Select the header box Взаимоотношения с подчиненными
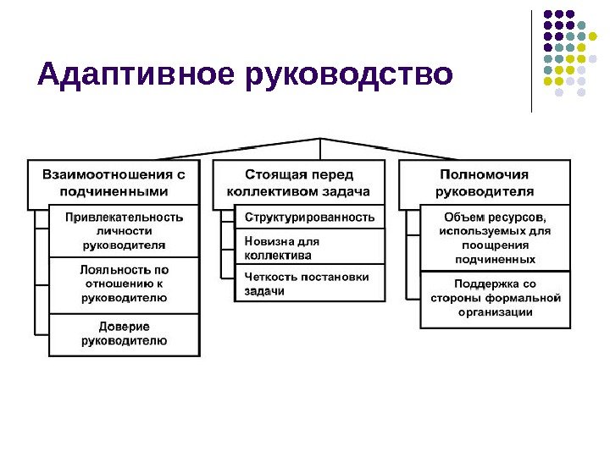[x=114, y=182]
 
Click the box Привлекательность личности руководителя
[x=125, y=230]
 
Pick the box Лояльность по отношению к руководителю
[x=125, y=284]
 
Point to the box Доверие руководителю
[x=125, y=333]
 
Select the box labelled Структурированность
[x=309, y=217]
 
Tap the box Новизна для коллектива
[x=309, y=248]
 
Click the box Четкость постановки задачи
[x=309, y=284]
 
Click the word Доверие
[x=125, y=327]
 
